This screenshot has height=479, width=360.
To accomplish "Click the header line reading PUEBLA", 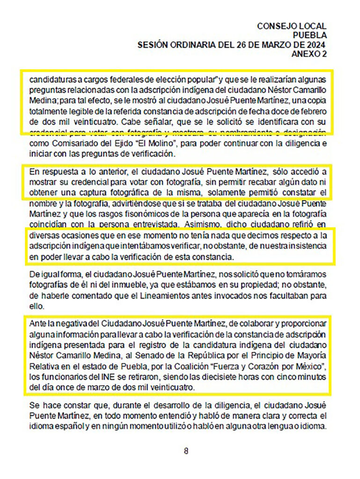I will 309,35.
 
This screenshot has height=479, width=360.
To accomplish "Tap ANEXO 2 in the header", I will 309,54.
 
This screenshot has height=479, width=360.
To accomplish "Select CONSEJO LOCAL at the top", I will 292,26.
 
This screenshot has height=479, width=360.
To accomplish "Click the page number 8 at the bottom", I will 186,451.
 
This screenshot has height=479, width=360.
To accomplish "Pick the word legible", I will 81,107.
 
